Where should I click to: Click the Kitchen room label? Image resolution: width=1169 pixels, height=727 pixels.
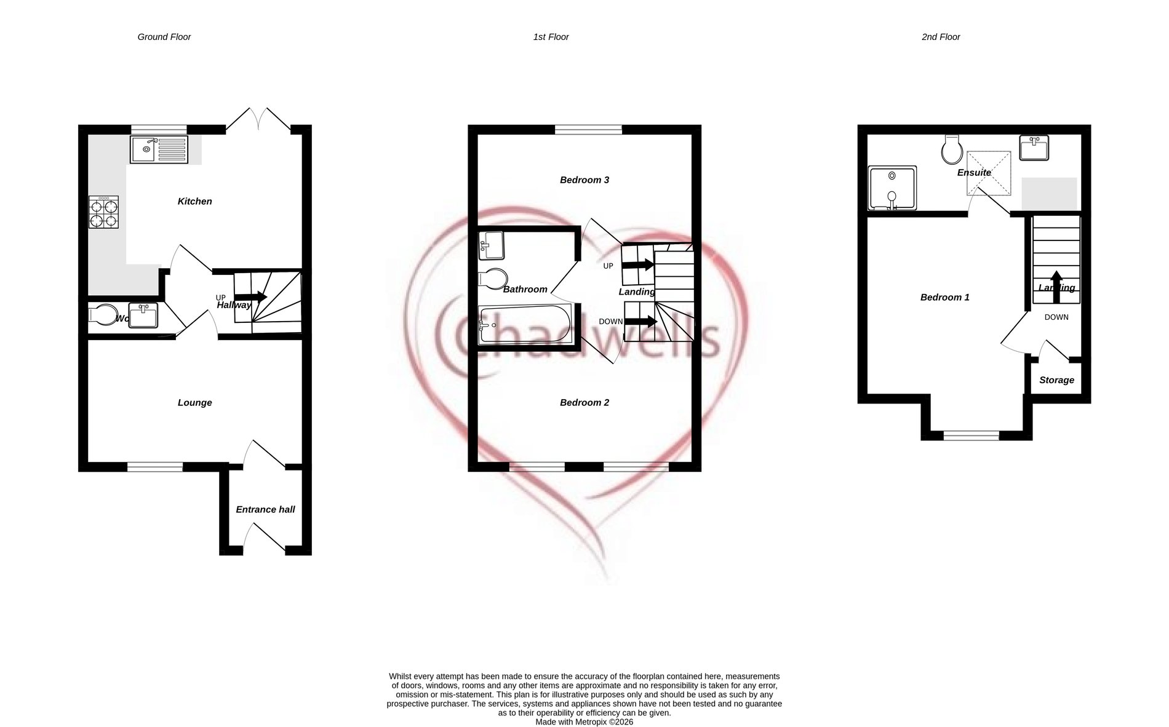tap(194, 201)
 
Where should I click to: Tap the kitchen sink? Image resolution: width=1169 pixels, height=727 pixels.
tap(159, 149)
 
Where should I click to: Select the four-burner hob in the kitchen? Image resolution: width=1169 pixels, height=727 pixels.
tap(103, 212)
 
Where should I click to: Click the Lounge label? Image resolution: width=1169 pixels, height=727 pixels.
tap(194, 402)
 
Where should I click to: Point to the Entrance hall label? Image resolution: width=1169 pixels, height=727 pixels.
tap(265, 509)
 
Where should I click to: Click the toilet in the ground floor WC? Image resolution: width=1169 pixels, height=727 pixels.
tap(103, 315)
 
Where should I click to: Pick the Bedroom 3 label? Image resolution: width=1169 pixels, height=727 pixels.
tap(584, 180)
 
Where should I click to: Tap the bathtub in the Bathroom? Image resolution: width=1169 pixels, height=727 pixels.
tap(524, 324)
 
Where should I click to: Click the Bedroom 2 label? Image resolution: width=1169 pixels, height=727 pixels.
tap(584, 402)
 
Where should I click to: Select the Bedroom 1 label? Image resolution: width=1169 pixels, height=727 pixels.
tap(944, 297)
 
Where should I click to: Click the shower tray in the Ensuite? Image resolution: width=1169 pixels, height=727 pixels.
tap(892, 188)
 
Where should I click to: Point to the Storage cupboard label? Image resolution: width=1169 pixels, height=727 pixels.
tap(1056, 380)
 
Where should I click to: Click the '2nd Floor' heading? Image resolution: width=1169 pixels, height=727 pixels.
tap(940, 37)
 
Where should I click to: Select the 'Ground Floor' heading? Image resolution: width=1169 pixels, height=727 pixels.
tap(164, 37)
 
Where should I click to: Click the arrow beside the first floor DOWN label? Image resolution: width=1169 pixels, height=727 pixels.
tap(640, 321)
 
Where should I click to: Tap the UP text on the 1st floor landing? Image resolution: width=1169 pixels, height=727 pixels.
tap(608, 266)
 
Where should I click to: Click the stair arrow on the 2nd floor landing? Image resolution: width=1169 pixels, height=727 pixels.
tap(1056, 287)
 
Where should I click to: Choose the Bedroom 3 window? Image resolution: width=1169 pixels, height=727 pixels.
tap(588, 129)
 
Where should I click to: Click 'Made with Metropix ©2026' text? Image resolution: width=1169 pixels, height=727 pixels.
tap(584, 722)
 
